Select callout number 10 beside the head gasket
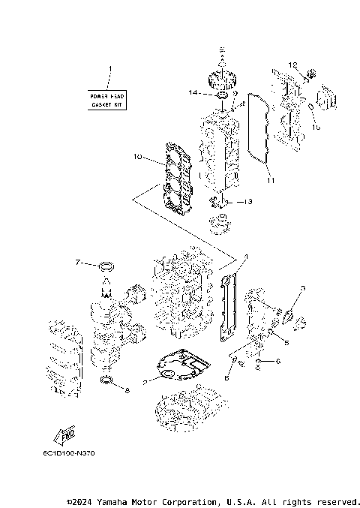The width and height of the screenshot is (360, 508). pos(137,157)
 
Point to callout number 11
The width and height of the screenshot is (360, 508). pos(270,181)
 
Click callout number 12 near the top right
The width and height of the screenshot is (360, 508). pos(294,65)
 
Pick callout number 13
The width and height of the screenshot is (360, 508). pos(248,202)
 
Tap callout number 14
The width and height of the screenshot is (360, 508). pos(193,92)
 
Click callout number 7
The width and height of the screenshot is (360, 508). pos(78,263)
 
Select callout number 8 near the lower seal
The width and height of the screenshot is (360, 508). pos(127,390)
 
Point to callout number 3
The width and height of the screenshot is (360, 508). pos(302,288)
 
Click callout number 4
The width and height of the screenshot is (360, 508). pos(244,257)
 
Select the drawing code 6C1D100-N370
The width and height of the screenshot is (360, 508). pos(69,452)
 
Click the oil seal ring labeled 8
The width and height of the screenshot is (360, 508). pos(107,386)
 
